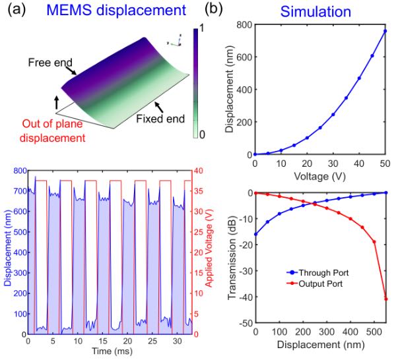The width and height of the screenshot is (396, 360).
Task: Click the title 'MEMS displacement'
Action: (116, 11)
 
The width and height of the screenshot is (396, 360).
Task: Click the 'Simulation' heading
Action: (315, 12)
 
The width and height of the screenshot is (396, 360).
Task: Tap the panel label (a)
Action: (16, 10)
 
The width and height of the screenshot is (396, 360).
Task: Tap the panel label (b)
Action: (214, 10)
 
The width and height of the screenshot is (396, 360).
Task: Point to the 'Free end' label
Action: (50, 63)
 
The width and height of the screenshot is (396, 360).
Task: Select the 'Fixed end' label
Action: (160, 119)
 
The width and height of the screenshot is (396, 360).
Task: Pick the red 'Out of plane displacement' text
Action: (53, 131)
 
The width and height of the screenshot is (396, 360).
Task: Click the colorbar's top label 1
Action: (201, 28)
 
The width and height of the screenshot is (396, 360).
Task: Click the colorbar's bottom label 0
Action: (202, 135)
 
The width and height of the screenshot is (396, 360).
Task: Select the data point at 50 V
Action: (385, 31)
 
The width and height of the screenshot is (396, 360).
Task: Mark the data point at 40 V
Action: (359, 78)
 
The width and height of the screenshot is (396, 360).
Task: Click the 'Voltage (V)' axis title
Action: (319, 176)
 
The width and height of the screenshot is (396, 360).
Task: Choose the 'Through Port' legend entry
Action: (317, 272)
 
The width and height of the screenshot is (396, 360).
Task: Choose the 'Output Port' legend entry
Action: (315, 284)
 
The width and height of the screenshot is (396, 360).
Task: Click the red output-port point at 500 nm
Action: (374, 242)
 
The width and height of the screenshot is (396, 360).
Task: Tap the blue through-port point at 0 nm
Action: (256, 234)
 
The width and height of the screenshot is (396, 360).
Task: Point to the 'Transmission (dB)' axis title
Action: (232, 258)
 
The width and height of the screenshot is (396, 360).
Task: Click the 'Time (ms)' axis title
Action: (112, 351)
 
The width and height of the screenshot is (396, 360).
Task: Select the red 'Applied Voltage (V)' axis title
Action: (209, 248)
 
